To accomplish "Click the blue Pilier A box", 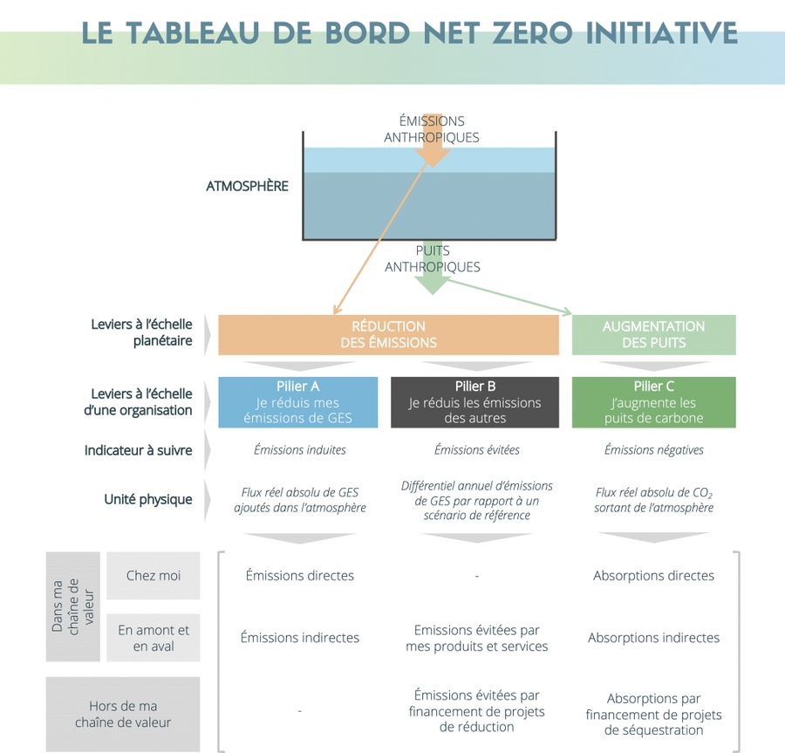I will point(297,401).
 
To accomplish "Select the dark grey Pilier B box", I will point(474,401).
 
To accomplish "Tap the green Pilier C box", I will point(653,401).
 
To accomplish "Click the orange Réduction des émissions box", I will point(388,334).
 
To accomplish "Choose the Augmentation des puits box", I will point(653,334).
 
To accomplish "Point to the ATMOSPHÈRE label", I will point(247,187).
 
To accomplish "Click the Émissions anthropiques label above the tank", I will point(432,129).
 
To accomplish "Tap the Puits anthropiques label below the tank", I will point(432,259).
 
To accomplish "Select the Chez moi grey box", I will point(153,576).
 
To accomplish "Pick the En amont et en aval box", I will point(153,638).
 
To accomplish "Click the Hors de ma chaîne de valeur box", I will point(123,714).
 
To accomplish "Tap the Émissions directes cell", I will point(299,576).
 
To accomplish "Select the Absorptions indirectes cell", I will point(653,638).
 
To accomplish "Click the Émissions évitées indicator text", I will point(476,450).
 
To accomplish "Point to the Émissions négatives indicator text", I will point(653,450).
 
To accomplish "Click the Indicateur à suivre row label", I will point(138,450).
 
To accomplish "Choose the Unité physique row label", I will point(148,500).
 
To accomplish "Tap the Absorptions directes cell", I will point(653,576).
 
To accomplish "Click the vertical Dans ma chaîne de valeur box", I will point(73,606).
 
